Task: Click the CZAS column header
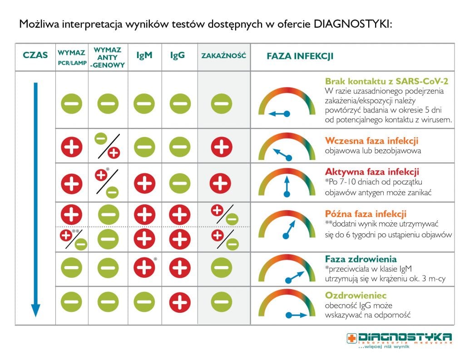(35, 56)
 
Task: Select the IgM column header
(144, 56)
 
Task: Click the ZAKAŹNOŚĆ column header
(223, 56)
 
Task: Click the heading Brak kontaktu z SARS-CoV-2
(386, 81)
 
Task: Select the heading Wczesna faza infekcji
(371, 141)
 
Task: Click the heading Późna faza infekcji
(366, 213)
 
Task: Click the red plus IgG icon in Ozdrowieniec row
(180, 301)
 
